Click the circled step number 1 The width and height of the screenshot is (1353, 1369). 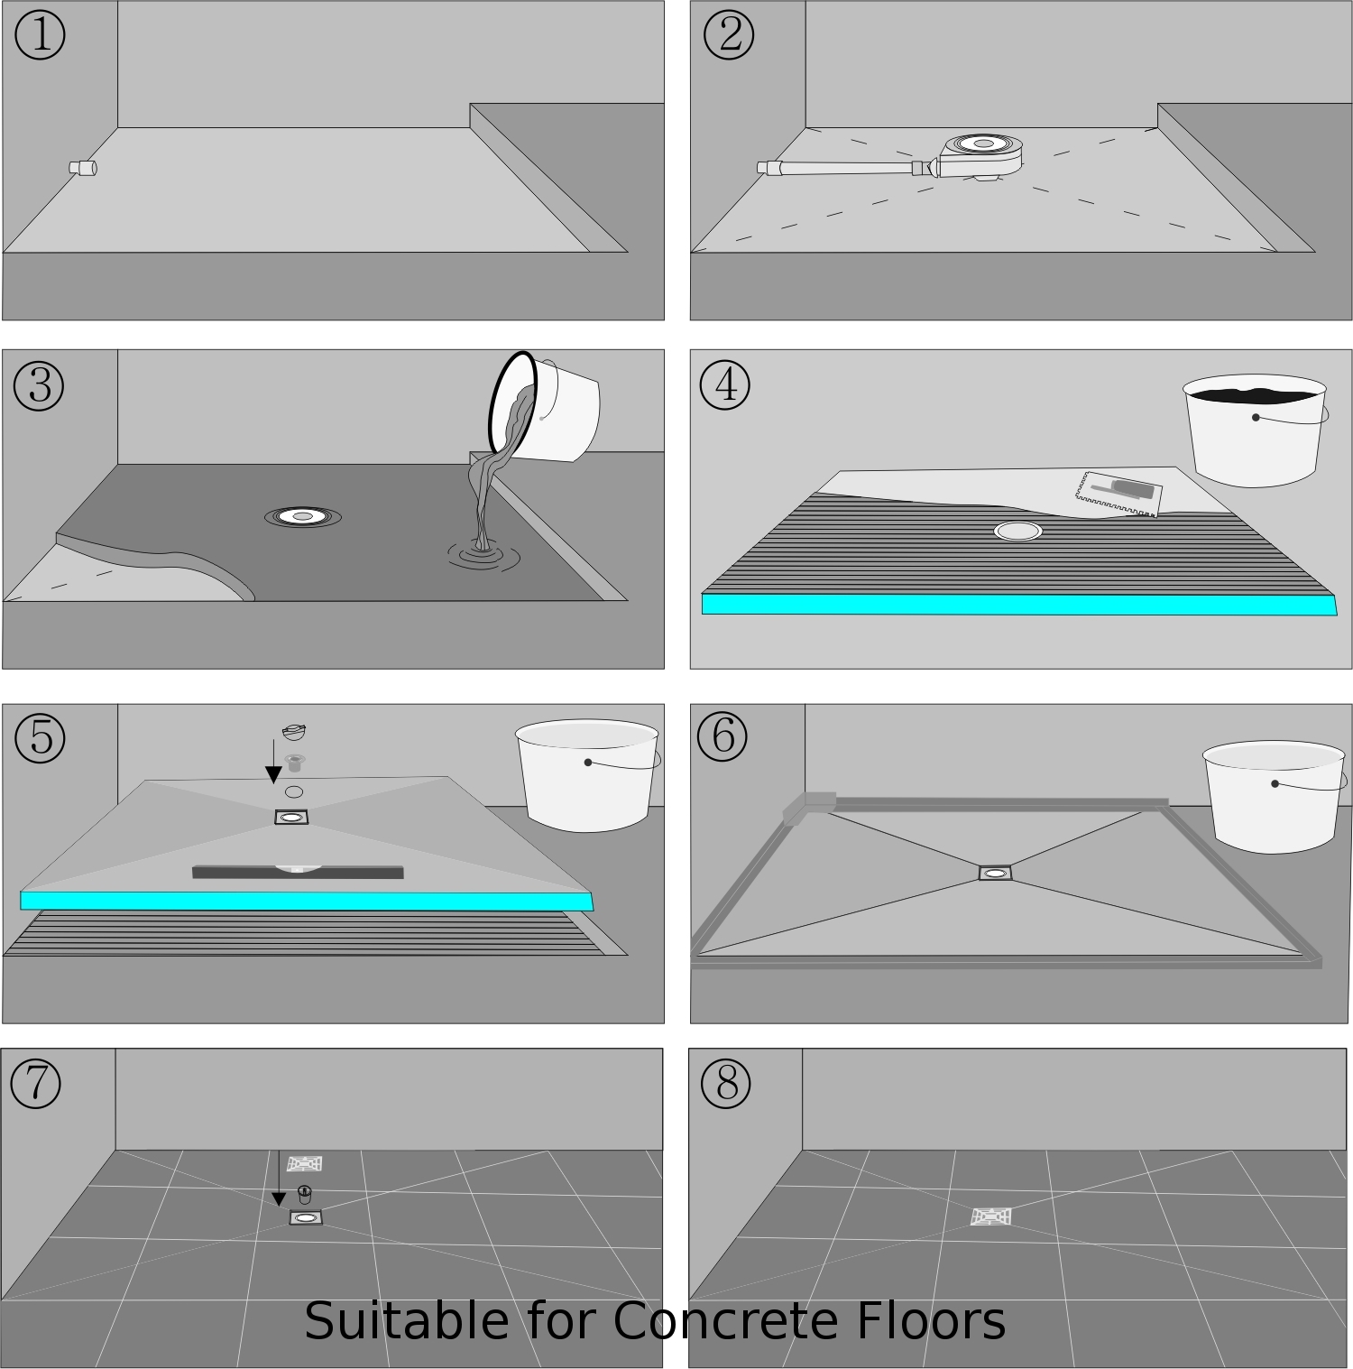pyautogui.click(x=40, y=35)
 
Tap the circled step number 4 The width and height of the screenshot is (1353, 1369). pyautogui.click(x=725, y=385)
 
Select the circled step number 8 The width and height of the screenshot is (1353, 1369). pyautogui.click(x=726, y=1083)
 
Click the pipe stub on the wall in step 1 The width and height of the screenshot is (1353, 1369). pyautogui.click(x=82, y=168)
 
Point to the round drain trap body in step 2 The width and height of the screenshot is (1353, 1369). pyautogui.click(x=981, y=152)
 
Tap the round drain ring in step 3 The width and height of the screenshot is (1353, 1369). pyautogui.click(x=302, y=516)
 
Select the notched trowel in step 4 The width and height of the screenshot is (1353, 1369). pyautogui.click(x=1118, y=495)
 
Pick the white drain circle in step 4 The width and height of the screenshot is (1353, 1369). pyautogui.click(x=1018, y=531)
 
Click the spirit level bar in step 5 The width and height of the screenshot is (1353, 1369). pyautogui.click(x=298, y=872)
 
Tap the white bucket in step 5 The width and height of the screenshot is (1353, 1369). pyautogui.click(x=586, y=774)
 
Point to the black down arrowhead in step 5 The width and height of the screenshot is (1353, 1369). pyautogui.click(x=273, y=775)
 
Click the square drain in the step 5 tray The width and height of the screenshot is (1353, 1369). pyautogui.click(x=292, y=817)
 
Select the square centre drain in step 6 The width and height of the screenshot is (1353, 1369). pyautogui.click(x=996, y=873)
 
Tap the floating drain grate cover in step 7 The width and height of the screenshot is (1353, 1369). pyautogui.click(x=305, y=1163)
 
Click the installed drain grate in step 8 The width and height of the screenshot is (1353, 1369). pyautogui.click(x=992, y=1216)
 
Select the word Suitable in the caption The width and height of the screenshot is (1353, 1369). pyautogui.click(x=406, y=1322)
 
